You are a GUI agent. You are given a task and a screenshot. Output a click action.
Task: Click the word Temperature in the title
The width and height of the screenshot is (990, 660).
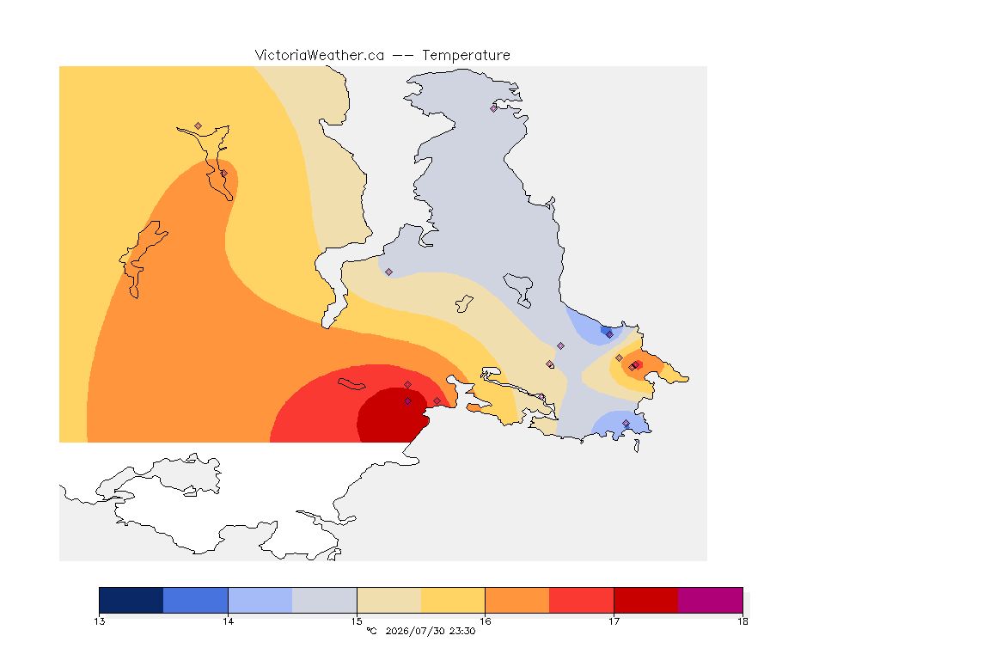466,56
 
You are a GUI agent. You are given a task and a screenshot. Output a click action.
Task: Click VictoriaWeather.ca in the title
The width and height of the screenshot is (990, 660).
320,56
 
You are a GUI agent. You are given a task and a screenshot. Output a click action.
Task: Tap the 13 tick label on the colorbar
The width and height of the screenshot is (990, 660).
99,621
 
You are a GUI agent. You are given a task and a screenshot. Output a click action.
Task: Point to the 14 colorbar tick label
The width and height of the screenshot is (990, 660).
228,621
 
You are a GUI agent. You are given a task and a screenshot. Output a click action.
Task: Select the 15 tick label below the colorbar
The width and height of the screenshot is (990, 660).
357,621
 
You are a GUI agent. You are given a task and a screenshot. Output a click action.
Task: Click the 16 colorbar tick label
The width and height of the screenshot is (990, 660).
485,621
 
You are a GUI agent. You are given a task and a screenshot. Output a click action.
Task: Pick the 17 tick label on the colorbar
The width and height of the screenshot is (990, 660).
614,621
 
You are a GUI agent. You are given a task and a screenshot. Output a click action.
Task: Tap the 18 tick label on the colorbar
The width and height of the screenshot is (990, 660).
742,621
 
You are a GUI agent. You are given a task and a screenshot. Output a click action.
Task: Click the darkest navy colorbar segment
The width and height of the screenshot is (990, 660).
131,600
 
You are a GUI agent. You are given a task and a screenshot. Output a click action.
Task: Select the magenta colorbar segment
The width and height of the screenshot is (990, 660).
711,600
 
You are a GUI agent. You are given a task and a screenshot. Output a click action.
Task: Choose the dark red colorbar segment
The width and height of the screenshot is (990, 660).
646,600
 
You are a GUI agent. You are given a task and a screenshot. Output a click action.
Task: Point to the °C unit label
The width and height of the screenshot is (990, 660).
372,631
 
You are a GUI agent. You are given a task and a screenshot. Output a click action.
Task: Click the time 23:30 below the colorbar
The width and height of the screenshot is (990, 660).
462,631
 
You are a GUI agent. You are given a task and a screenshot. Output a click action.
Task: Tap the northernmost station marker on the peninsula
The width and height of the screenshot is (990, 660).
494,108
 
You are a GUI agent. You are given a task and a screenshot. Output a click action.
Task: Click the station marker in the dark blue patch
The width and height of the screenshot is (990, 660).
609,335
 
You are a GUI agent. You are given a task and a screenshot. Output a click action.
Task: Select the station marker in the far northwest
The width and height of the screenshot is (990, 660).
199,126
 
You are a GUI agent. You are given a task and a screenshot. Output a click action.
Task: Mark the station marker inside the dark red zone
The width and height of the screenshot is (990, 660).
408,401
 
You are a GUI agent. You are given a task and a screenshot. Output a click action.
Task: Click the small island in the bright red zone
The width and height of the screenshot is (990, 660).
351,384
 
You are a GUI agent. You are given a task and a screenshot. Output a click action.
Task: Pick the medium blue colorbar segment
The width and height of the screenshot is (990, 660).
196,600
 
